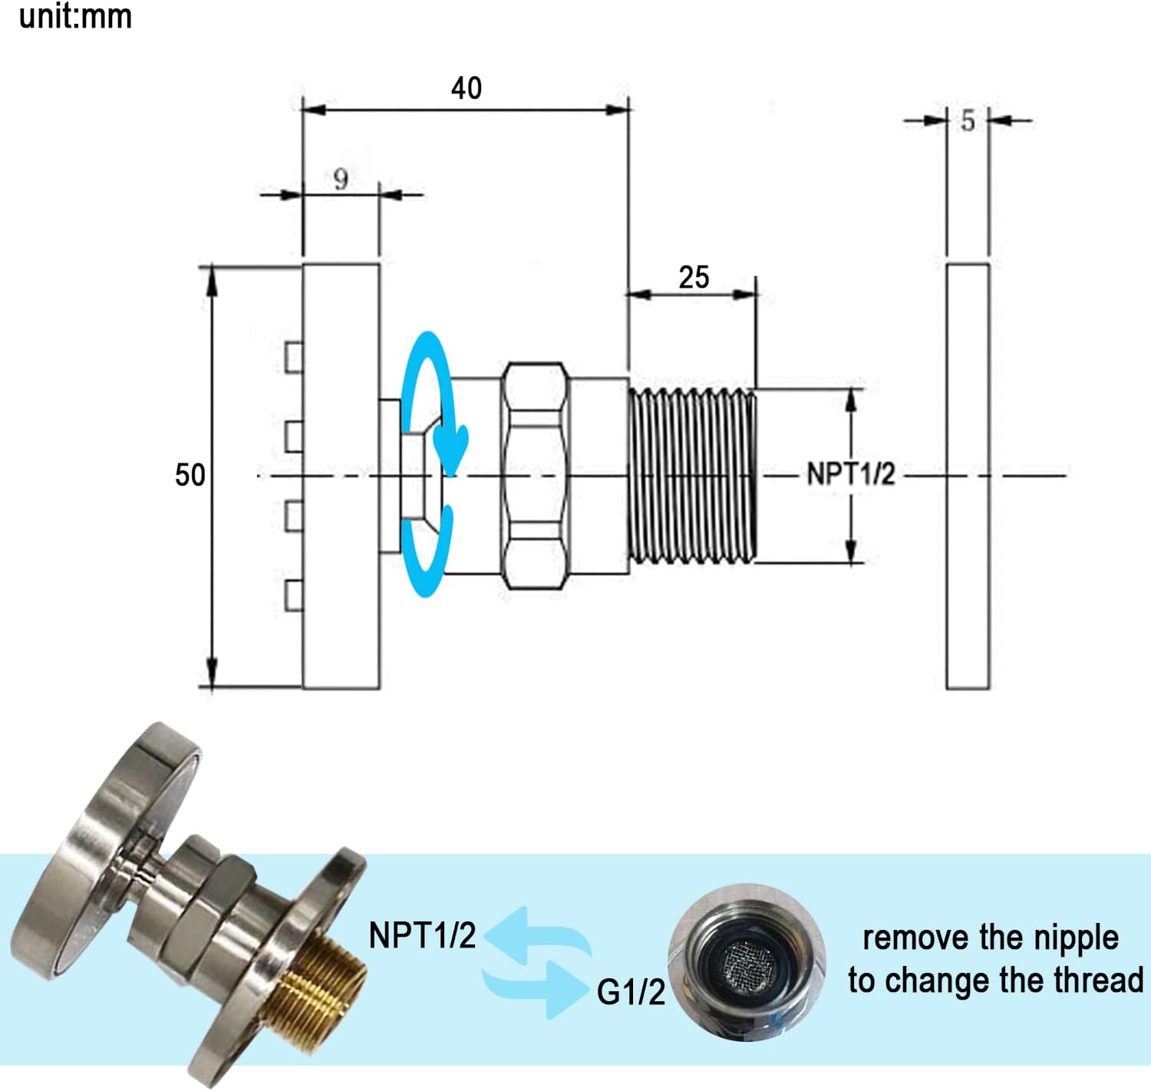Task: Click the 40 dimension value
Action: (x=467, y=88)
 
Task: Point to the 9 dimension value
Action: (x=341, y=180)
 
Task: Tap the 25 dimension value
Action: (x=694, y=277)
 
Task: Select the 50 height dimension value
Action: (x=190, y=475)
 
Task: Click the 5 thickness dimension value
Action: (x=968, y=120)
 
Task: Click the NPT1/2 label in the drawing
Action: (x=851, y=474)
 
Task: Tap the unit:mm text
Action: (x=75, y=17)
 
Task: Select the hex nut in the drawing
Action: (x=535, y=476)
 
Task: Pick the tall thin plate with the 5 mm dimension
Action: (x=968, y=476)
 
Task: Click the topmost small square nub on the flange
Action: (x=293, y=357)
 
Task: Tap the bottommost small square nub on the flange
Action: (x=293, y=595)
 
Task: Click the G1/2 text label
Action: (x=631, y=993)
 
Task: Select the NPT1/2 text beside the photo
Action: (x=422, y=935)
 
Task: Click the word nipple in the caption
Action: (x=1076, y=938)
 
